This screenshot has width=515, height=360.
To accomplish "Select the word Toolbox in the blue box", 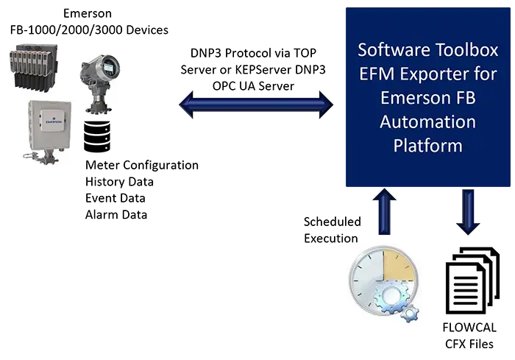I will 466,51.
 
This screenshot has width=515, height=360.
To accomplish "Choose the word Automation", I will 427,121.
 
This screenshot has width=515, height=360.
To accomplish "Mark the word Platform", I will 427,145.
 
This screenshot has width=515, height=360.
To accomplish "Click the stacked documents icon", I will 471,280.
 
